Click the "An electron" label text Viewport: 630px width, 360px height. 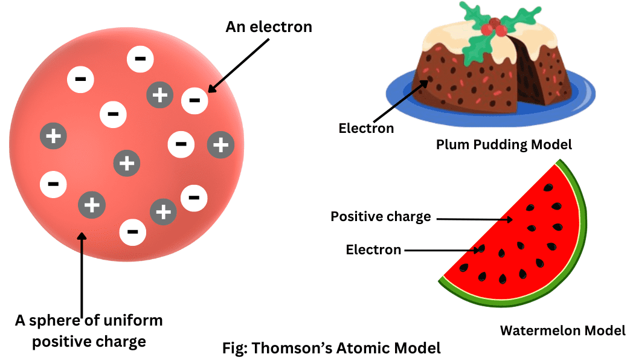coord(269,27)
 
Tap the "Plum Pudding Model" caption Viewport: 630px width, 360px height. coord(504,144)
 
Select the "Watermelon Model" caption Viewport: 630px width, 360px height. coord(562,330)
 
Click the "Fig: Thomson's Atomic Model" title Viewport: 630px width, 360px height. coord(332,348)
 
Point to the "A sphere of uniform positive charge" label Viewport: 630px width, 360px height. coord(89,330)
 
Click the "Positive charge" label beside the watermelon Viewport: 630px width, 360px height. coord(381,216)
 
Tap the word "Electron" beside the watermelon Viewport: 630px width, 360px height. coord(373,249)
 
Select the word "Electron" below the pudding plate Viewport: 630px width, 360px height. coord(366,128)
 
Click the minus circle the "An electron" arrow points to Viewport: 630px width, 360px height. coord(194,100)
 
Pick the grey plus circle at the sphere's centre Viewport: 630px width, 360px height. coord(127,162)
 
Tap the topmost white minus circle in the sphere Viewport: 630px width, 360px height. coord(140,59)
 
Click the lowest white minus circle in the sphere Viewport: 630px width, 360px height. coord(133,232)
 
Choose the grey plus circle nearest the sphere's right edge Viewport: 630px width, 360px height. coord(220,144)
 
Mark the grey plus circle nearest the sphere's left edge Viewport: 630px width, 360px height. coord(53,136)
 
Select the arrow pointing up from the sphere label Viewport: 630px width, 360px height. coord(82,272)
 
